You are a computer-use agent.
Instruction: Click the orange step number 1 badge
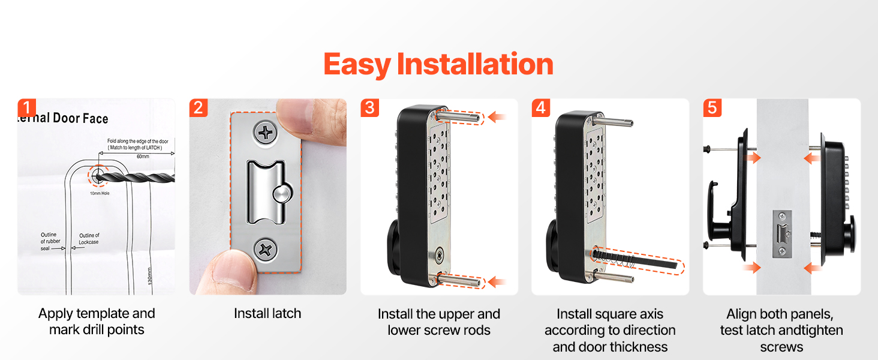click(x=26, y=108)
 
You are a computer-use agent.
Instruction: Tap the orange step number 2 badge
click(x=199, y=108)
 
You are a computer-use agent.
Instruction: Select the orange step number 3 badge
click(x=369, y=108)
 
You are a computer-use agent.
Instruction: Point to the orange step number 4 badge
click(x=541, y=108)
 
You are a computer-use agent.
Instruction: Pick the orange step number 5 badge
click(x=712, y=108)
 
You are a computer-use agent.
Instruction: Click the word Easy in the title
click(x=357, y=65)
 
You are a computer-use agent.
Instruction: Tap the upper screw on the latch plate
click(x=266, y=133)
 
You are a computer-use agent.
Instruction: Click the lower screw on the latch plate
click(x=265, y=250)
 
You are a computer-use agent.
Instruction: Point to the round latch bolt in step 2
click(x=282, y=194)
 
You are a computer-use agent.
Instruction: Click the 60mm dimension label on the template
click(x=143, y=157)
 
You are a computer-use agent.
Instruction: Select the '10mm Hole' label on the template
click(x=100, y=193)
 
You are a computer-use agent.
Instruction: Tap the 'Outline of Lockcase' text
click(x=89, y=239)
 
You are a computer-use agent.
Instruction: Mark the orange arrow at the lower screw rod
click(x=497, y=282)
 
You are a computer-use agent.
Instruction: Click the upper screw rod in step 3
click(x=458, y=116)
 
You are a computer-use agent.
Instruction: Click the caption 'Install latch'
click(x=267, y=313)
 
